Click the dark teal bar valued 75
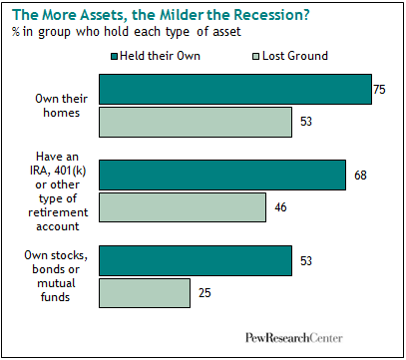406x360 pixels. click(235, 90)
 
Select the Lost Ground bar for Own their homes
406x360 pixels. click(196, 122)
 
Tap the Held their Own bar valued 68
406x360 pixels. click(222, 176)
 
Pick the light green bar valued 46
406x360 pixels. click(183, 207)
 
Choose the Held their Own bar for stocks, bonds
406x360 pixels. click(196, 261)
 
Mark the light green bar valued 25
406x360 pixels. click(145, 293)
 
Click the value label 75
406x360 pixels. click(379, 90)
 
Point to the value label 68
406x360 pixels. click(360, 176)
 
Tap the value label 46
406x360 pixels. click(280, 207)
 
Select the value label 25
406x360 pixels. click(204, 293)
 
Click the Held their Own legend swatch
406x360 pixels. click(115, 57)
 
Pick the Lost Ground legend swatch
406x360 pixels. click(255, 57)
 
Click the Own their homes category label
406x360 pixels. click(62, 106)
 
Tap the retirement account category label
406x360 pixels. click(58, 191)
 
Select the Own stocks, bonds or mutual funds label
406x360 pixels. click(56, 276)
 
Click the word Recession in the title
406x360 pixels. click(271, 15)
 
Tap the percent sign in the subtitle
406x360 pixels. click(16, 32)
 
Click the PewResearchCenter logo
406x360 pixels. click(294, 338)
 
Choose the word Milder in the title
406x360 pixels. click(182, 15)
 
